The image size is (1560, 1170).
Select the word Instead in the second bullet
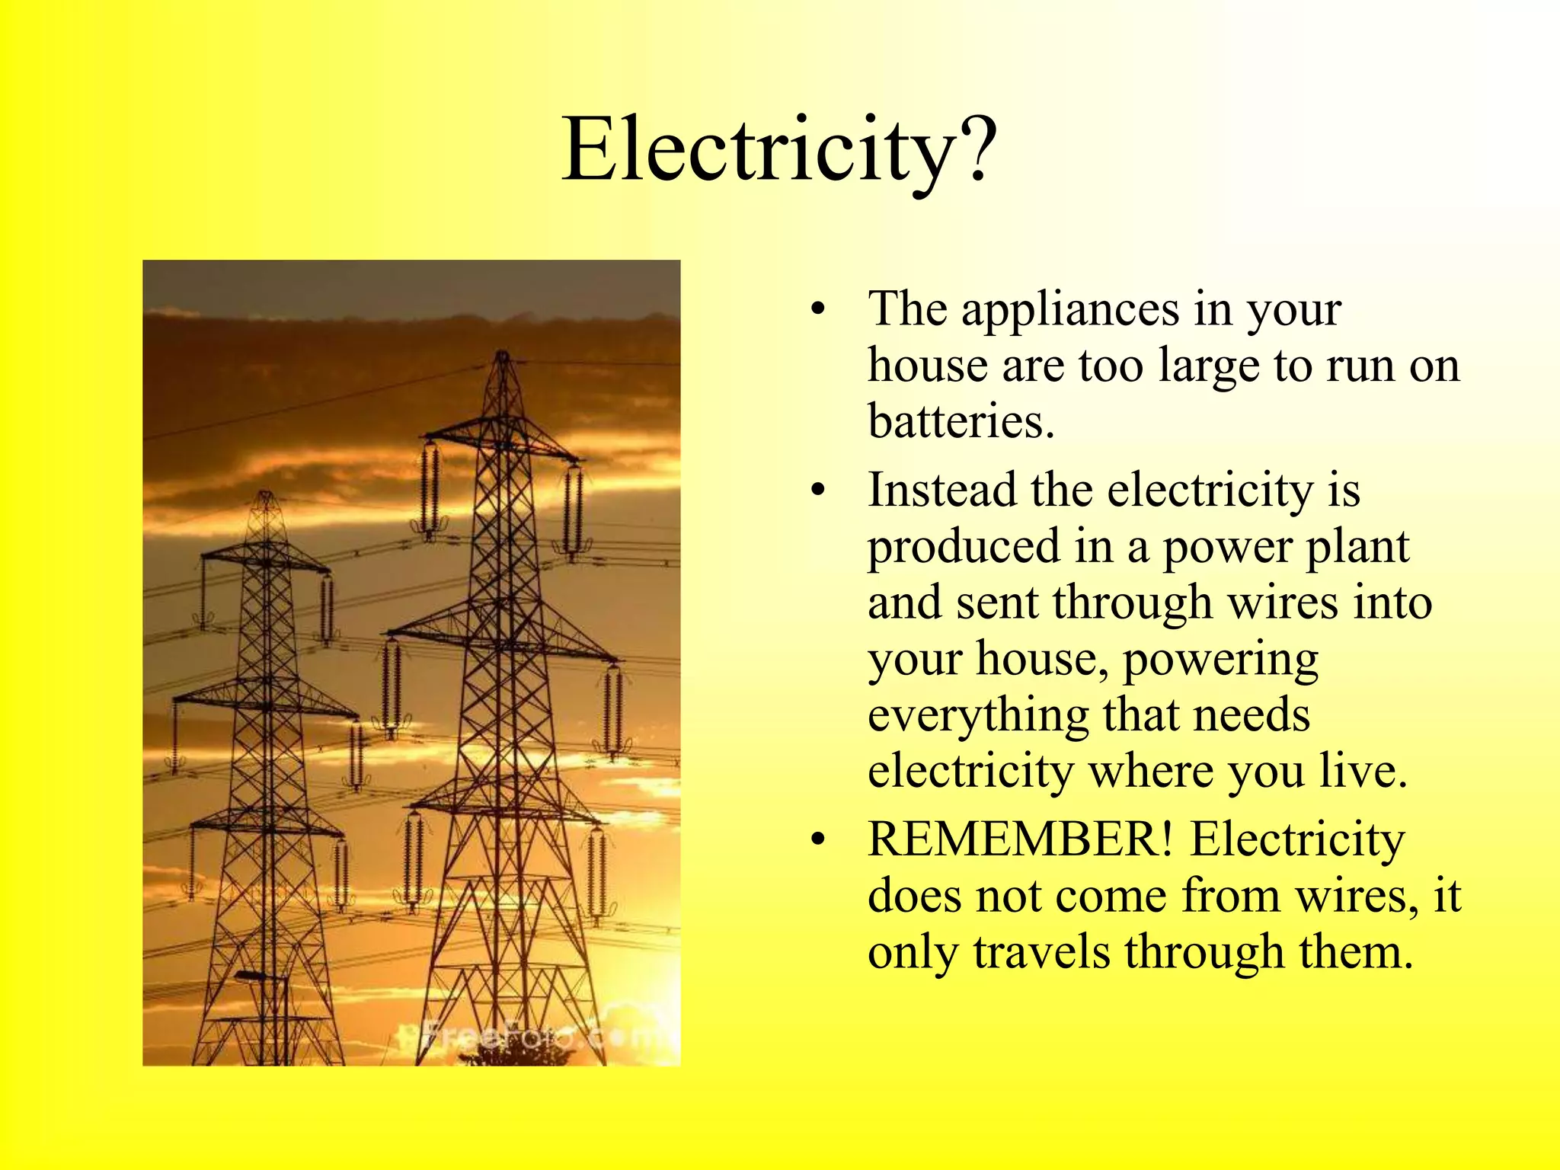(941, 490)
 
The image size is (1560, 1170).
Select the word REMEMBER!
(1020, 839)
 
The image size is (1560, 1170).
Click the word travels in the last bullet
(1041, 952)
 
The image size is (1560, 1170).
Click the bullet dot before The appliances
(818, 310)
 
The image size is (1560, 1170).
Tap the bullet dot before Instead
(818, 491)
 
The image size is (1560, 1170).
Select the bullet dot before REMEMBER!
(818, 840)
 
